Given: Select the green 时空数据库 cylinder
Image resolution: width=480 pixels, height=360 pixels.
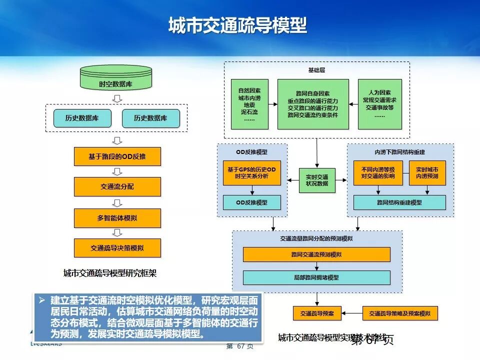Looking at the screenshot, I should pos(115,79).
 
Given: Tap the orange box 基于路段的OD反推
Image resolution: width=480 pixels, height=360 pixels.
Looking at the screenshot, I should pos(117,156).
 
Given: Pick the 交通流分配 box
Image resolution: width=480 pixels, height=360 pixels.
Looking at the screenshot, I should pos(117,187).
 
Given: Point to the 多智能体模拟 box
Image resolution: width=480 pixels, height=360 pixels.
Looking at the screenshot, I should pos(117,218).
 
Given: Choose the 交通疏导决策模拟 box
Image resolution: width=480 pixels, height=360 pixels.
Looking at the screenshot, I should pos(117,248).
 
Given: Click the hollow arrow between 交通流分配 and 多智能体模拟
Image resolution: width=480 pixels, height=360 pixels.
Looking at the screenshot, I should pos(117,202).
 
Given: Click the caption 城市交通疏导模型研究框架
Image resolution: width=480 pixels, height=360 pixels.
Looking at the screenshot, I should pos(110,273).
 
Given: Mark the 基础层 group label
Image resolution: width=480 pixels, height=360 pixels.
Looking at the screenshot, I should pos(316,69).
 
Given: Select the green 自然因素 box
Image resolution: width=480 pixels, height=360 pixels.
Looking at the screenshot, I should pos(249,104).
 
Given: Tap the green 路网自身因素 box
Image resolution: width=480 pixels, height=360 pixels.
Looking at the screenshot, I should pos(313,104).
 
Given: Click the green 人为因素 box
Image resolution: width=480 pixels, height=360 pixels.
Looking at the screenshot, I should pos(380,104).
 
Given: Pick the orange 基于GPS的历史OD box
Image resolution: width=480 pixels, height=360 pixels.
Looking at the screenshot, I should pos(251,173).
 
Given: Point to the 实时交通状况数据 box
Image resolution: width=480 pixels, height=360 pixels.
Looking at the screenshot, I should pos(317,180).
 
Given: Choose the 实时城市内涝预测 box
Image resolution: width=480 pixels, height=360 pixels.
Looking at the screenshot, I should pos(427,173).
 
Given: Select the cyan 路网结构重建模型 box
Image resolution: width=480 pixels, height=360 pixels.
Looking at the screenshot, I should pos(399,202).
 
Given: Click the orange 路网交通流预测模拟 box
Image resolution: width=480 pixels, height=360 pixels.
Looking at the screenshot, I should pos(316,254).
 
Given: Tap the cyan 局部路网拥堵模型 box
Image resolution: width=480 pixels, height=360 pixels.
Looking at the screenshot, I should pos(316,277).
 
